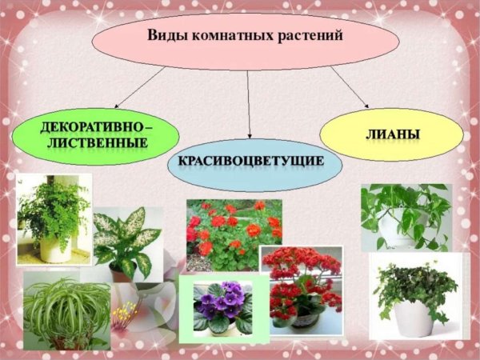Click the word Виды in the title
166,36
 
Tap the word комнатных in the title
224,36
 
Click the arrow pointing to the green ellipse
136,88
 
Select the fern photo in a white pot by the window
54,218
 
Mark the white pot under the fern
55,247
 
